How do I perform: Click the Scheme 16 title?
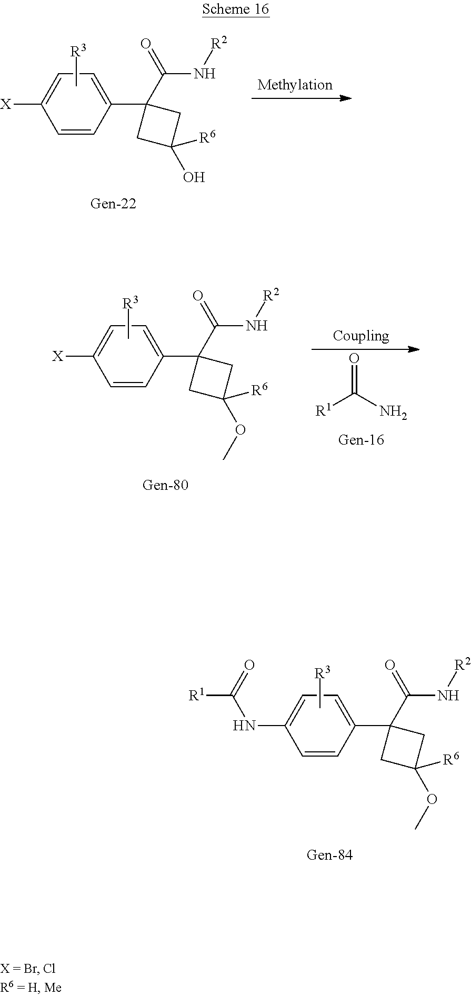tap(235, 9)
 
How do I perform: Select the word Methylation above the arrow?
tap(295, 85)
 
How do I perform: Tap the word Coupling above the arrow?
tap(360, 336)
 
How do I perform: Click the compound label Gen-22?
tap(113, 204)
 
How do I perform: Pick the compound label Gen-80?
tap(165, 485)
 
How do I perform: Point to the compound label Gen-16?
tap(360, 439)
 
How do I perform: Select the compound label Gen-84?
tap(329, 855)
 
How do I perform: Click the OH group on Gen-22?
tap(194, 177)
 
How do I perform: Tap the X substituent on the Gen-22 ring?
tap(6, 104)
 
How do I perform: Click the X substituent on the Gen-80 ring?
tap(57, 357)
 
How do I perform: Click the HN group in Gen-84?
tap(244, 726)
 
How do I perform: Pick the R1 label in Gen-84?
tap(197, 696)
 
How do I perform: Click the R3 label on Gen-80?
tap(131, 303)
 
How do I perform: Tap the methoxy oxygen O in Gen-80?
tap(240, 430)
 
